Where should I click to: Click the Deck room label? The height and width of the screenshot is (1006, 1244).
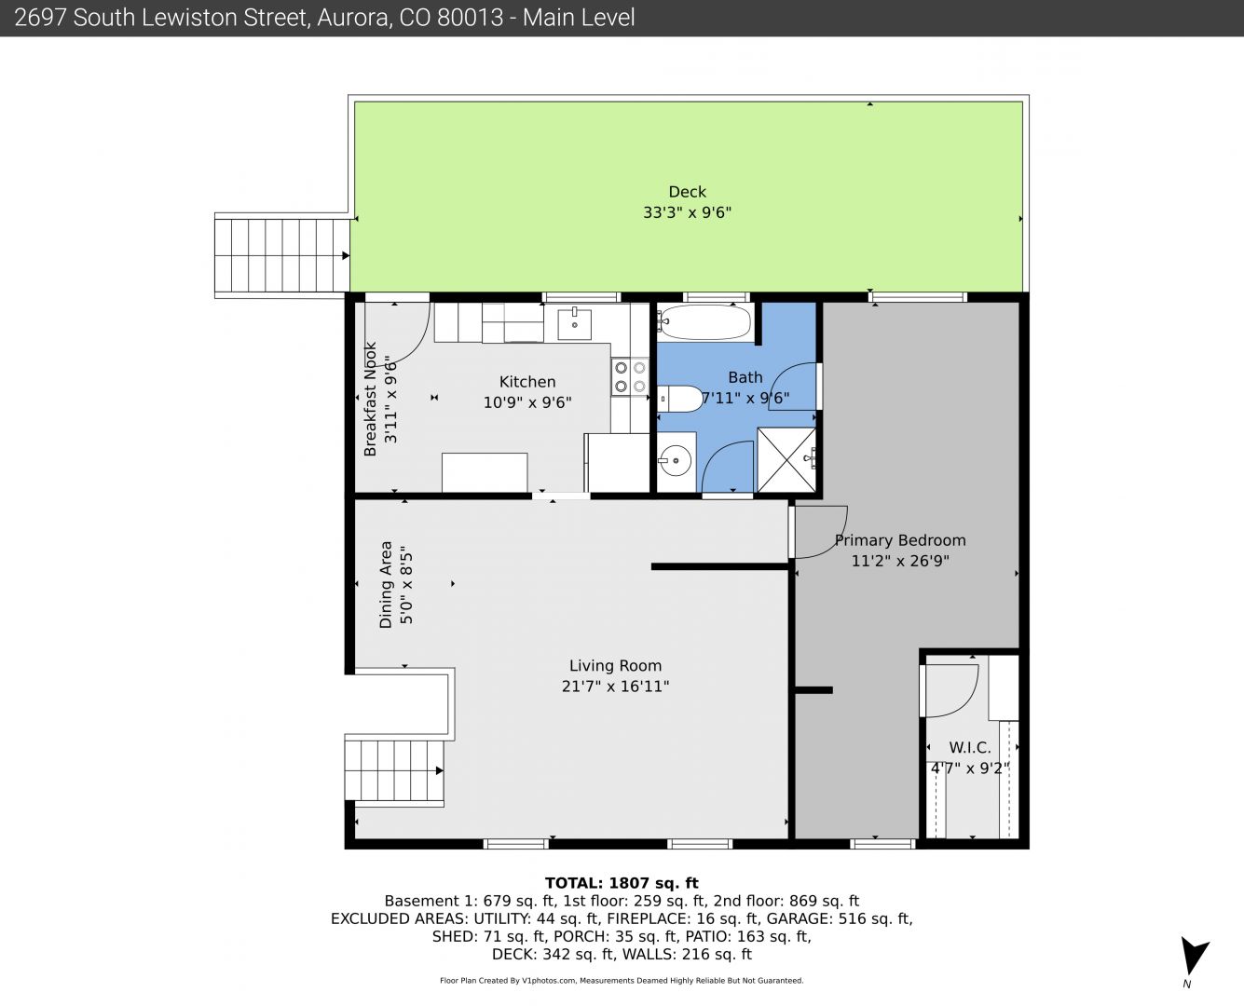[687, 192]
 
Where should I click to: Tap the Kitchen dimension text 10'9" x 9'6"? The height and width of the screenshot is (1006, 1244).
[527, 402]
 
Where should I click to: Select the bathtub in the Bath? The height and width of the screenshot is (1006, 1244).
[704, 321]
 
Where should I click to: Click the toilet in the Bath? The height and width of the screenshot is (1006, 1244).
[680, 399]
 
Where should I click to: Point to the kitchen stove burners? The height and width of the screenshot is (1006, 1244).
[630, 376]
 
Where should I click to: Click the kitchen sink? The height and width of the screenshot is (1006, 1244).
[574, 324]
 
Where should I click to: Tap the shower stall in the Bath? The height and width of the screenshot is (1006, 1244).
[786, 460]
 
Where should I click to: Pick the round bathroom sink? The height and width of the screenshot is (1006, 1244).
[677, 461]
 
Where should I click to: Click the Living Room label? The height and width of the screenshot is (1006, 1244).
[616, 666]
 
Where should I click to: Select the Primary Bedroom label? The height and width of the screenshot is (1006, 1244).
[900, 540]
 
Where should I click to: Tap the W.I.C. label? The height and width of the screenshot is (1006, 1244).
[970, 747]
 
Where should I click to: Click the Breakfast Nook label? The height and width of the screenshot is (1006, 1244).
[370, 399]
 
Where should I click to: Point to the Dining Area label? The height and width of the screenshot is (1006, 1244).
[386, 584]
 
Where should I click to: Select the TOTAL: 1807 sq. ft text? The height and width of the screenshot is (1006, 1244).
[622, 883]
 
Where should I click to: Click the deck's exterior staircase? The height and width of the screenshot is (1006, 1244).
[282, 255]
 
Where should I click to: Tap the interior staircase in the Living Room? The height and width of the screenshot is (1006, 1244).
[394, 770]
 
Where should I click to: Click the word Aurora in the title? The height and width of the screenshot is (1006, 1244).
[353, 18]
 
